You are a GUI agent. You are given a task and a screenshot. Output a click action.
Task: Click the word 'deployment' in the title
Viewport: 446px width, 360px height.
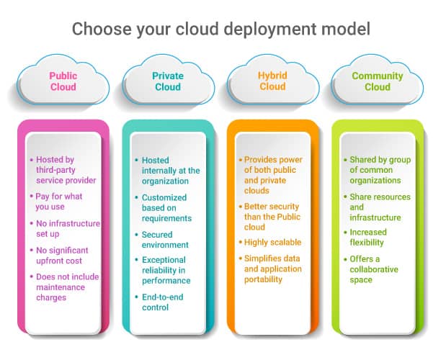(x=270, y=30)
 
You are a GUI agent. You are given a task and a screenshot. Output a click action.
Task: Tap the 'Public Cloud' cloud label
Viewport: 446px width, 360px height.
(x=63, y=81)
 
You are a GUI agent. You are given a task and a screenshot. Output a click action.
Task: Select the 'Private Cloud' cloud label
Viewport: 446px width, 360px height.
(x=168, y=81)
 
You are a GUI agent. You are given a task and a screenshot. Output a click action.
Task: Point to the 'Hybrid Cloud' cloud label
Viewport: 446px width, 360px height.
(x=272, y=81)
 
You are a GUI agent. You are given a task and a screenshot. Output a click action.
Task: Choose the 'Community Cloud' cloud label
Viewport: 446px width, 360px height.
(x=378, y=81)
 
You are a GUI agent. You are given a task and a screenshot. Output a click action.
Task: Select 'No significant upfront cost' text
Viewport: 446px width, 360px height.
(x=62, y=256)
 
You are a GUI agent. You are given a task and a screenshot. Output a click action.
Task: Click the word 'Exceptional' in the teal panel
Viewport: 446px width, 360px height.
(x=164, y=260)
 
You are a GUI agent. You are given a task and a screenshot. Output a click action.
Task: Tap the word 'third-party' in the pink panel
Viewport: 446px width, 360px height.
(x=55, y=170)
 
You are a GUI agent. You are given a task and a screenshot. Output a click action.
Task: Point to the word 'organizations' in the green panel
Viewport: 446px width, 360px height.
(x=375, y=181)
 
